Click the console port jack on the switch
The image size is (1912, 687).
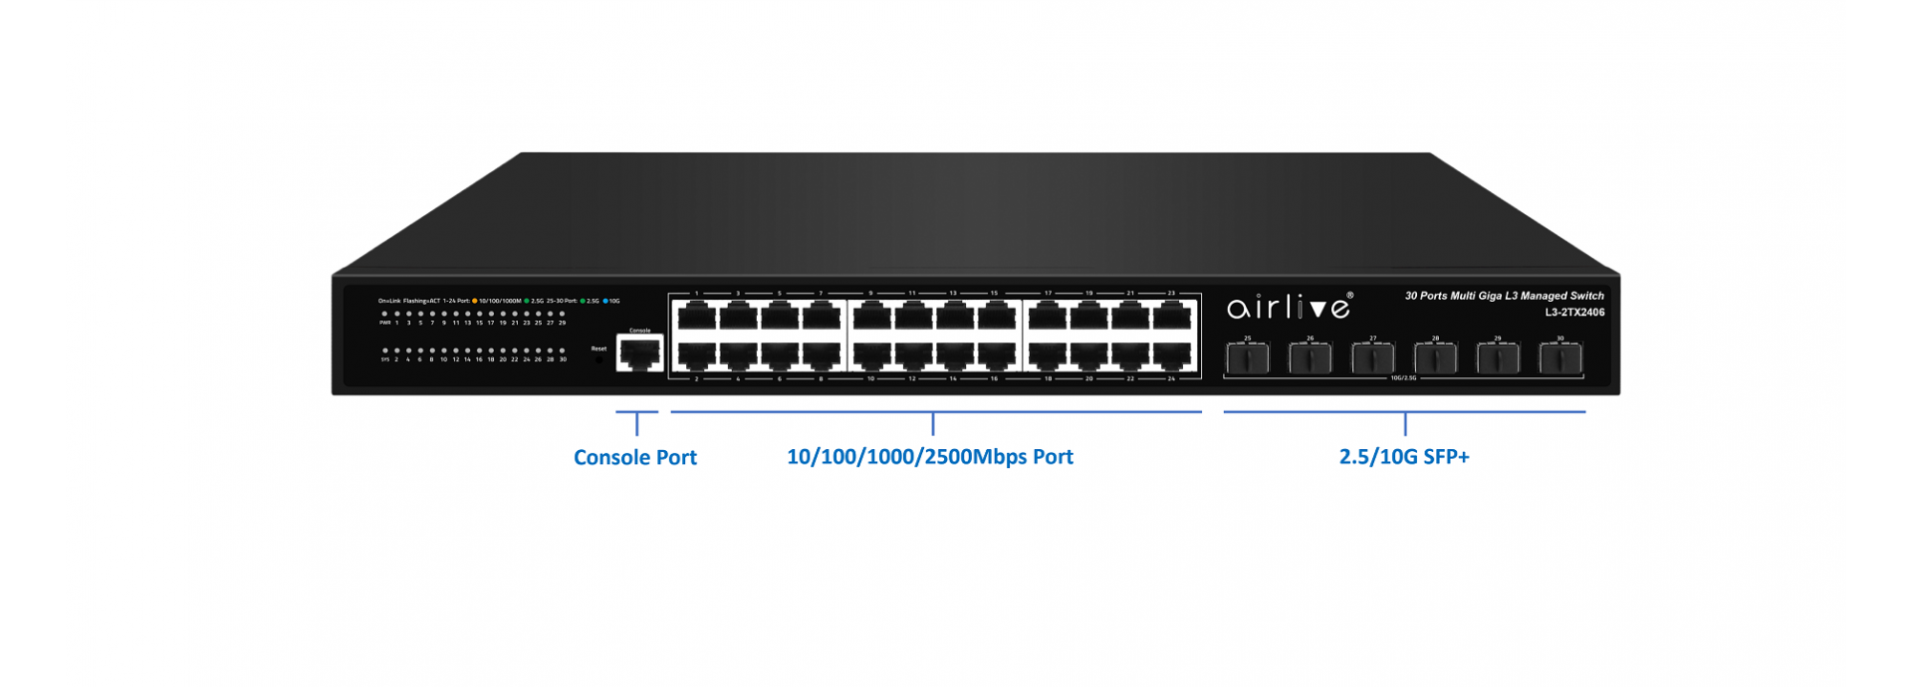(x=639, y=352)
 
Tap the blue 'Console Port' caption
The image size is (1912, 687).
(x=634, y=458)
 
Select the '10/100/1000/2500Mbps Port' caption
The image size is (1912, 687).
(x=929, y=457)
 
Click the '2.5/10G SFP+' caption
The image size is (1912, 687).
(x=1403, y=457)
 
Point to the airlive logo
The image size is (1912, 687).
(x=1289, y=307)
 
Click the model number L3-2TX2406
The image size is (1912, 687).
(x=1574, y=313)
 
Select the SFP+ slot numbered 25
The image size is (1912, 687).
(x=1247, y=357)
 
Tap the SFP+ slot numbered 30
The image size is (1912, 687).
(x=1560, y=357)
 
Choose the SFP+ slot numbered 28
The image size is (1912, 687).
(x=1435, y=357)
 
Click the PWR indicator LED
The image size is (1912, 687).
(x=384, y=314)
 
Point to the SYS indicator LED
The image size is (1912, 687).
(x=384, y=350)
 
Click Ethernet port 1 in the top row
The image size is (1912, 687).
(x=696, y=316)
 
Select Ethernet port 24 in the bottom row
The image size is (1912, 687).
(x=1172, y=355)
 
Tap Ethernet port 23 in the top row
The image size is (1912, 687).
(x=1172, y=316)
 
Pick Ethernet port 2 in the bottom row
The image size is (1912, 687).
(x=696, y=355)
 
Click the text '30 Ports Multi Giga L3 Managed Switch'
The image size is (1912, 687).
(x=1504, y=296)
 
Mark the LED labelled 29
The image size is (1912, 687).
(x=562, y=314)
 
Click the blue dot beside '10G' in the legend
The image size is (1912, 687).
(x=604, y=301)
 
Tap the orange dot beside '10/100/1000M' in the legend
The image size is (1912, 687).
(x=475, y=301)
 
